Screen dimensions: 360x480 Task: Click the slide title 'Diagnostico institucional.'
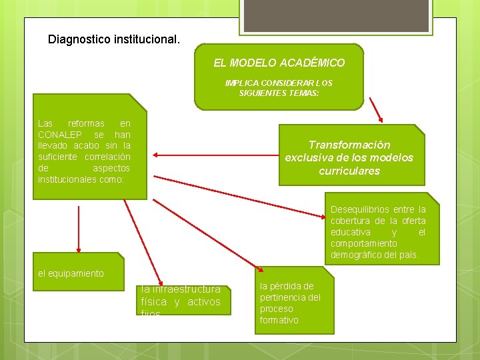click(x=114, y=39)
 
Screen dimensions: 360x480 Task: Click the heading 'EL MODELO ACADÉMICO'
click(x=279, y=63)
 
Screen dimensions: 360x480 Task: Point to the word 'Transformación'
click(x=349, y=145)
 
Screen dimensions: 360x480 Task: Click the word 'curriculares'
click(x=349, y=171)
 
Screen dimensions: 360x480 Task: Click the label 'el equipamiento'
click(x=71, y=273)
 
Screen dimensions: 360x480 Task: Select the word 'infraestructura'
click(x=180, y=289)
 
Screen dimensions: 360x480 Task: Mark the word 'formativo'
click(x=279, y=320)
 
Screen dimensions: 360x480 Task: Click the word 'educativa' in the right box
click(x=351, y=232)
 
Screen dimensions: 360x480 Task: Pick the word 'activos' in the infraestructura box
click(x=203, y=302)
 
